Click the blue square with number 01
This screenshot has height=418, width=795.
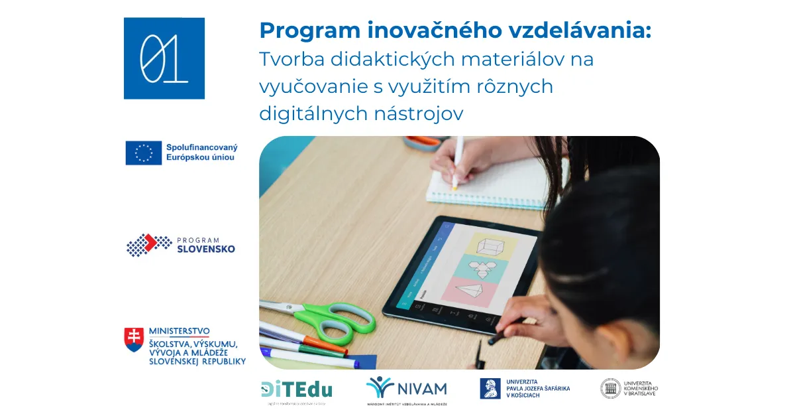click(164, 58)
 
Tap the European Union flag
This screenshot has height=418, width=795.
click(144, 153)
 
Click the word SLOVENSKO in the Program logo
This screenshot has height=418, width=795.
click(205, 249)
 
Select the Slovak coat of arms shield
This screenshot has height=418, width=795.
click(134, 339)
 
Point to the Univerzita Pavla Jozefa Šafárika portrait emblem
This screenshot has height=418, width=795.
click(490, 388)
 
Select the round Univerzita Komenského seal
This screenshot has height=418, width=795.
click(610, 388)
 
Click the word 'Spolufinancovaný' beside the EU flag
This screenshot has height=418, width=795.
click(202, 147)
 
